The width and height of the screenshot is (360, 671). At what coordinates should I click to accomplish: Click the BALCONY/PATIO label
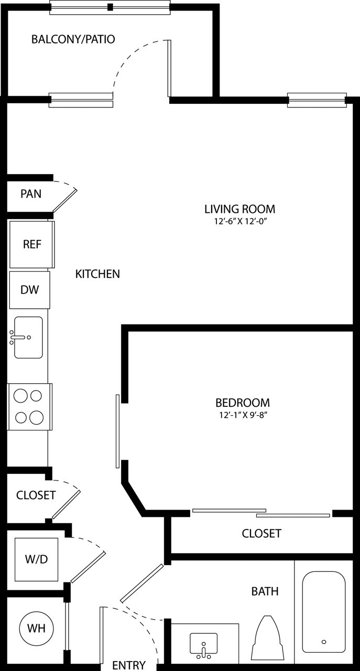73,39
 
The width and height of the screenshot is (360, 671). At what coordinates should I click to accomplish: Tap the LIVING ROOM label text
239,209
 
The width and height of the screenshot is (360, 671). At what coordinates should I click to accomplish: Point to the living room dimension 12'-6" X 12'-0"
239,221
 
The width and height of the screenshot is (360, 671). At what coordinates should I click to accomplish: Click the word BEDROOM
243,403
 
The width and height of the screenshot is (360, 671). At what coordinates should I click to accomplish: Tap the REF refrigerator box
31,244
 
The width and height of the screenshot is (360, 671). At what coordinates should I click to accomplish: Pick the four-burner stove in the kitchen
29,406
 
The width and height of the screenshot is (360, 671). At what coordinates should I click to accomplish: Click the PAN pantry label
31,193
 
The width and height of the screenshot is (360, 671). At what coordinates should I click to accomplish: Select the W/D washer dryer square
37,559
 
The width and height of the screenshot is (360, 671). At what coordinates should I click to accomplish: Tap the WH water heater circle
36,627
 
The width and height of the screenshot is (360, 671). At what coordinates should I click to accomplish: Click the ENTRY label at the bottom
129,665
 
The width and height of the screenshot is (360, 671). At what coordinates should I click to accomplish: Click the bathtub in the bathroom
323,611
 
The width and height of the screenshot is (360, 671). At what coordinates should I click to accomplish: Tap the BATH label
265,591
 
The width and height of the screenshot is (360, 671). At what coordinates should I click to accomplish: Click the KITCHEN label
98,274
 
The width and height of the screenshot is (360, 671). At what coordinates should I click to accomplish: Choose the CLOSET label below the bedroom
261,533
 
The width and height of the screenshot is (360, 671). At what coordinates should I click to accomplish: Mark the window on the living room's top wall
317,100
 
